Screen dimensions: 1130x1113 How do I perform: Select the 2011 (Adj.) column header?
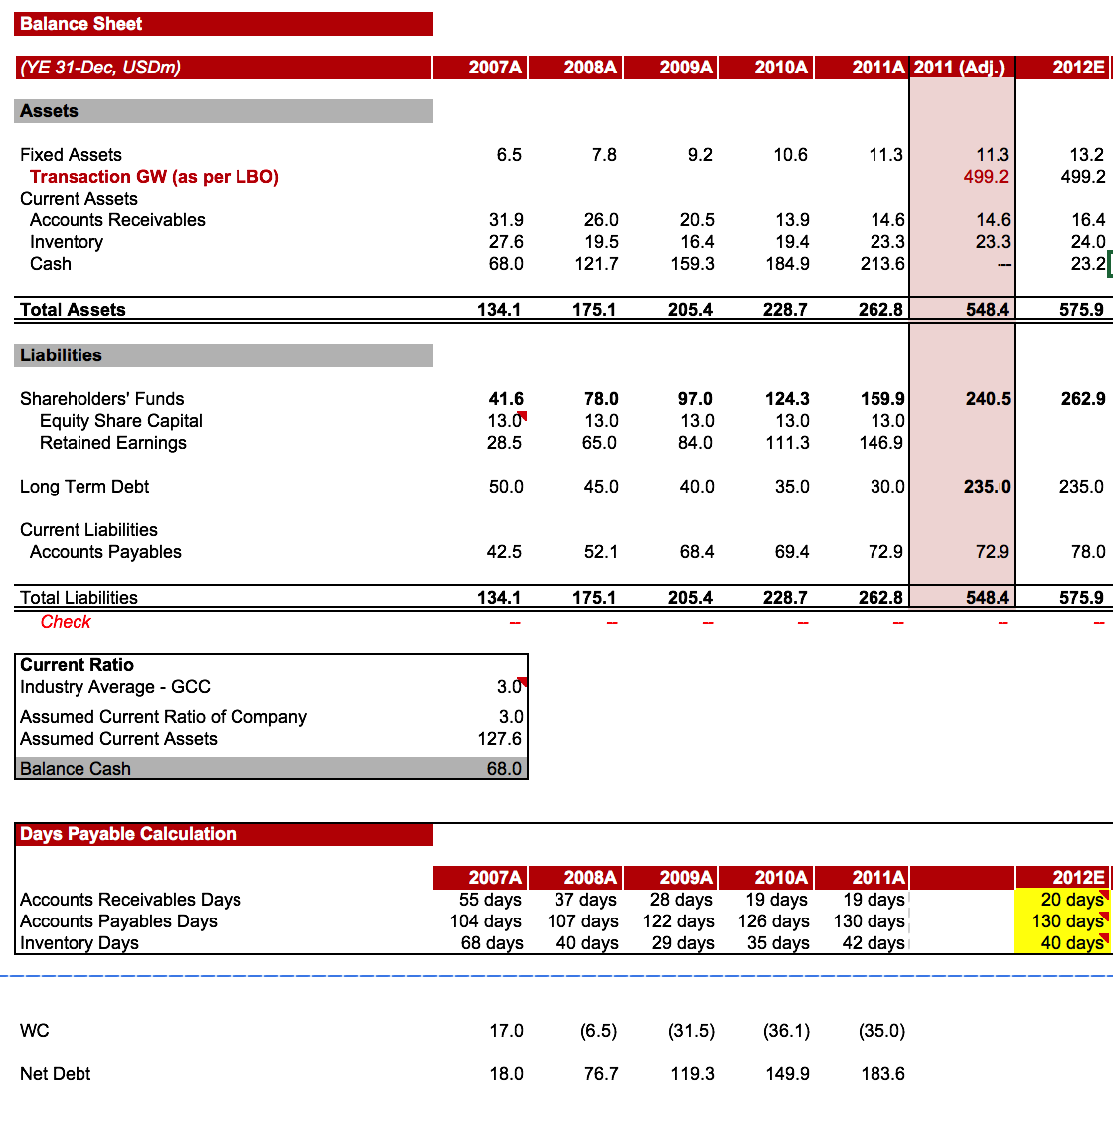959,68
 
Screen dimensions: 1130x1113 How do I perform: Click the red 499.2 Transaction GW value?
986,177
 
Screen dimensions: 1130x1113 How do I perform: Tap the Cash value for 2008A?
596,264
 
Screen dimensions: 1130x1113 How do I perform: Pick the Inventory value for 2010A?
792,242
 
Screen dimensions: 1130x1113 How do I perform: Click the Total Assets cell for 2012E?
1081,310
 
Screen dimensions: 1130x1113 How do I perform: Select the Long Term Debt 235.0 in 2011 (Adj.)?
987,487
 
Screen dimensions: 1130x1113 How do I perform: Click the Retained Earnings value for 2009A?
695,443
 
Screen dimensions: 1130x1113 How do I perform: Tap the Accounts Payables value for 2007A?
505,552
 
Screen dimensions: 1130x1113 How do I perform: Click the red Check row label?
66,622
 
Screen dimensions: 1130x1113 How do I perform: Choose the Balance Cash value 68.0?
504,769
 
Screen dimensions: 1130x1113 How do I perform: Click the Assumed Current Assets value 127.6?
500,739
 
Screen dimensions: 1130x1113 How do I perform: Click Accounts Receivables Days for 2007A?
490,900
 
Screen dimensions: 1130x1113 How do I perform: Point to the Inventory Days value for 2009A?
683,943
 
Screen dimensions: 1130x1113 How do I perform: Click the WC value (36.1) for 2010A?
786,1031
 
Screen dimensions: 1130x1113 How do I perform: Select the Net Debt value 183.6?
882,1074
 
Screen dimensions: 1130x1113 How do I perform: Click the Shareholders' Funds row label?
102,399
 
